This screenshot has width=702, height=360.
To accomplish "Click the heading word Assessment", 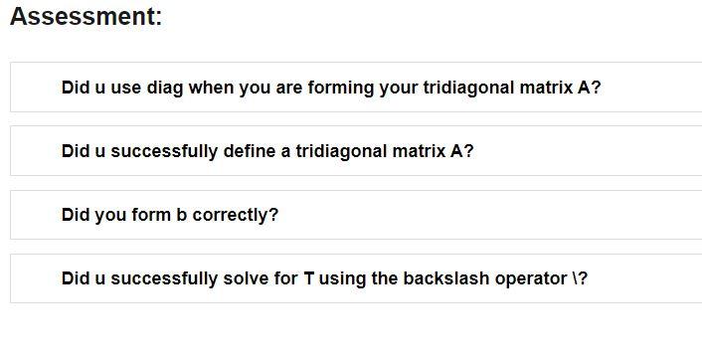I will click(85, 17).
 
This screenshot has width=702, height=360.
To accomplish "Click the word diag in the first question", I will click(165, 88).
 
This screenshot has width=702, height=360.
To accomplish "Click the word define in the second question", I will click(250, 151).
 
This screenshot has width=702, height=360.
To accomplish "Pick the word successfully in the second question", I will click(164, 151).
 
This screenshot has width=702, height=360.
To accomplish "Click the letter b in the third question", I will click(182, 215).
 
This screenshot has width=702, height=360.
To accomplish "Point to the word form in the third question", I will click(151, 215).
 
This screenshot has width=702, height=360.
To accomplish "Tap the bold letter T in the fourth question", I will click(309, 278).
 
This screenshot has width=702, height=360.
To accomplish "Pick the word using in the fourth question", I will click(343, 278).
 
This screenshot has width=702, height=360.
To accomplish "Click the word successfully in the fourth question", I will click(164, 278).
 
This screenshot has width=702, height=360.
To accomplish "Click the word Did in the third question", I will click(76, 215).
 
